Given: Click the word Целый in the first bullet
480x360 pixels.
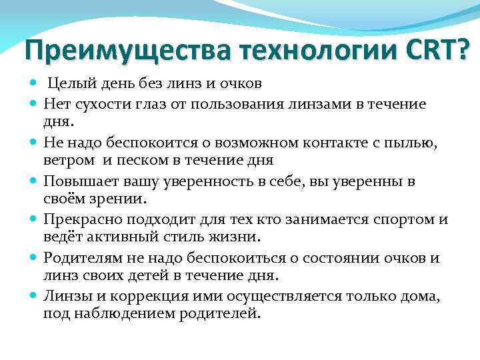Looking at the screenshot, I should pos(68,83).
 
